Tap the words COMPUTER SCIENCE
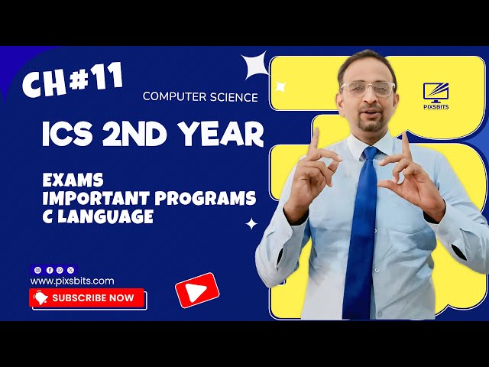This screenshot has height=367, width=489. click(200, 97)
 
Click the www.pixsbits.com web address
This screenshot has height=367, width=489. click(73, 281)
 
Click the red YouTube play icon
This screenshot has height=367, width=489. click(197, 290)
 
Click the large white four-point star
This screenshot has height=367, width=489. click(255, 66)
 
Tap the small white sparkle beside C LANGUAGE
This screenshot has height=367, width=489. click(251, 224)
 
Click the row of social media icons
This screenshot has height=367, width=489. click(53, 270)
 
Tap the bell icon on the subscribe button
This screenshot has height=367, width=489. click(41, 298)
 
